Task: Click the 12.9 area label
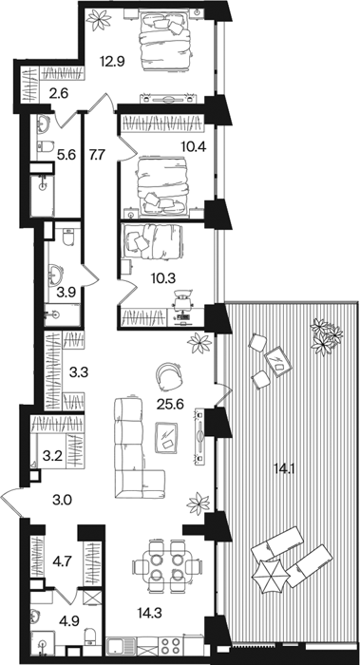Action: (x=112, y=62)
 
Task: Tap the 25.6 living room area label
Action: (x=170, y=405)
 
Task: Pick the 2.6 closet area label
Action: (x=57, y=92)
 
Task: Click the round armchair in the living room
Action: (x=168, y=376)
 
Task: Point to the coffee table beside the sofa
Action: (x=166, y=437)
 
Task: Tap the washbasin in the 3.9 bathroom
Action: (x=55, y=274)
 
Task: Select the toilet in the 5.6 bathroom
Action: (x=44, y=146)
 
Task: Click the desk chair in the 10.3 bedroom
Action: (x=182, y=298)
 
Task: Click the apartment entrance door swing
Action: (x=11, y=502)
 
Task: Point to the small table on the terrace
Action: (x=277, y=360)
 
